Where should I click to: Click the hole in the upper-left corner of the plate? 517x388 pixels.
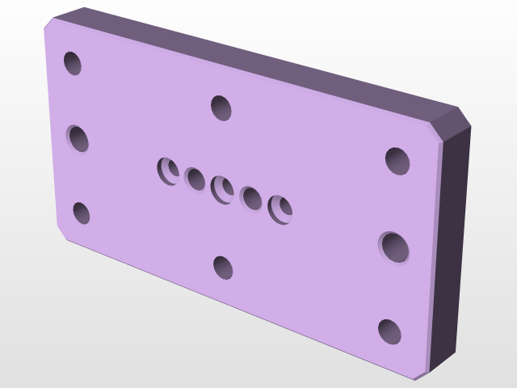(x=73, y=63)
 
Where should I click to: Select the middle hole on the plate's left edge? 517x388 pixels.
(x=78, y=138)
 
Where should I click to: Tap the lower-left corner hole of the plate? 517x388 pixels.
(x=81, y=213)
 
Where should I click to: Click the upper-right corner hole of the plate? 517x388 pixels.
(x=397, y=161)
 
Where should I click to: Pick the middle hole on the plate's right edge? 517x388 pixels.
(x=394, y=247)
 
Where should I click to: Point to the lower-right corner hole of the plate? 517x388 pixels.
(x=389, y=331)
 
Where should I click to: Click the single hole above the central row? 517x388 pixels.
(x=221, y=107)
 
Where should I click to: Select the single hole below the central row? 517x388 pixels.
(x=223, y=267)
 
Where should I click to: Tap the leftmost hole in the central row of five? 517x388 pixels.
(x=168, y=171)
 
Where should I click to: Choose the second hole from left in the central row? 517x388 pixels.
(x=195, y=179)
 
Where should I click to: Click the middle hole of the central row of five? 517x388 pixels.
(x=222, y=189)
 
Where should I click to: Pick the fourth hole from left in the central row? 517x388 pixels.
(x=250, y=198)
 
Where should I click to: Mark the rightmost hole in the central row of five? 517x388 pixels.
(x=280, y=209)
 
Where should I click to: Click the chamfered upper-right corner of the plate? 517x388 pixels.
(x=452, y=126)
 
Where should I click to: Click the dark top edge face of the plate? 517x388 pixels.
(x=267, y=61)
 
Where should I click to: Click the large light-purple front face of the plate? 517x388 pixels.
(x=307, y=267)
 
